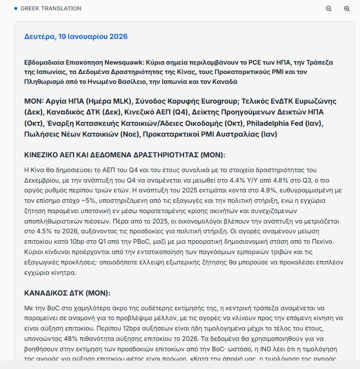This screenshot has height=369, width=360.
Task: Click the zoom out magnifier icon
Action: (x=329, y=9)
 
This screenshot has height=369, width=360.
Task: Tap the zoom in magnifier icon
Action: (x=347, y=9)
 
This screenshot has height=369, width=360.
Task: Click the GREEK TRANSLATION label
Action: (x=51, y=8)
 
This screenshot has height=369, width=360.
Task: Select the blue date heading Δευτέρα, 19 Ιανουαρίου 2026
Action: (x=76, y=37)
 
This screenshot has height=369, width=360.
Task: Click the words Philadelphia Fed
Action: (x=267, y=123)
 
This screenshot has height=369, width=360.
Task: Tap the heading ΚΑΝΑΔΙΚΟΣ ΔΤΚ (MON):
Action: (x=68, y=293)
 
